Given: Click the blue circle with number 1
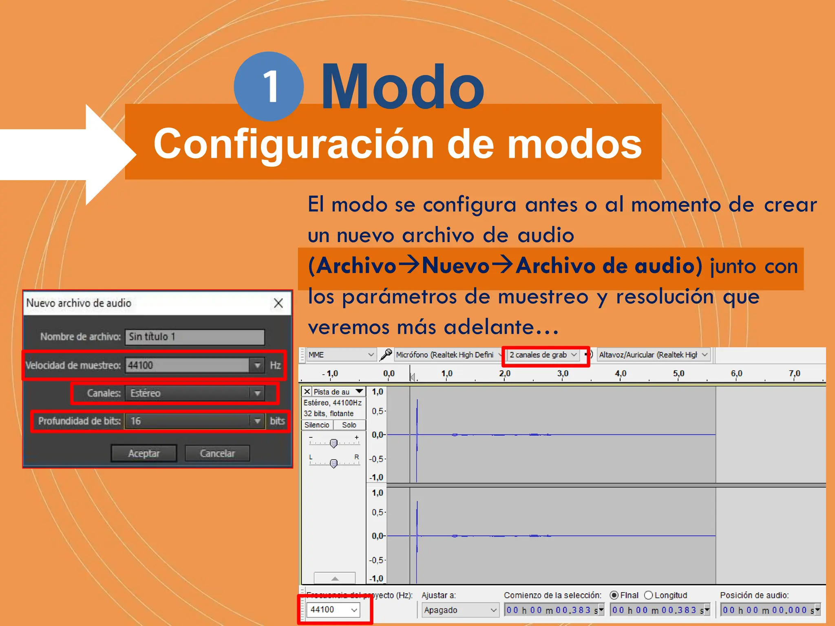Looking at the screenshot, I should tap(269, 86).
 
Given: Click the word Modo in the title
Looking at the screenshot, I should tap(402, 87).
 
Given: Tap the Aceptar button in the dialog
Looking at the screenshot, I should tap(144, 453).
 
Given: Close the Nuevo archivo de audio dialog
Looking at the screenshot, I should tap(278, 303).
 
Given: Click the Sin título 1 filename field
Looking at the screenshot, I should tap(194, 337).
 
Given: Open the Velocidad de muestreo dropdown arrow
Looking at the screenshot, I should tap(257, 365).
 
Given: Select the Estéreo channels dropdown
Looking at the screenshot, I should tap(194, 393).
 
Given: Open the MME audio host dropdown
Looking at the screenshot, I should tap(341, 355).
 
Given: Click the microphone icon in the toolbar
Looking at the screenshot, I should tap(386, 355).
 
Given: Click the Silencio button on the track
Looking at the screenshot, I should tap(317, 425).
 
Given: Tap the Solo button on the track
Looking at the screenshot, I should tap(349, 425).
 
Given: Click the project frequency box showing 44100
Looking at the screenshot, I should tap(333, 609).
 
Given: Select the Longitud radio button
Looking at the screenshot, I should tap(648, 595).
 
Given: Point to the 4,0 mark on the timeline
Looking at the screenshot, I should tap(620, 374).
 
